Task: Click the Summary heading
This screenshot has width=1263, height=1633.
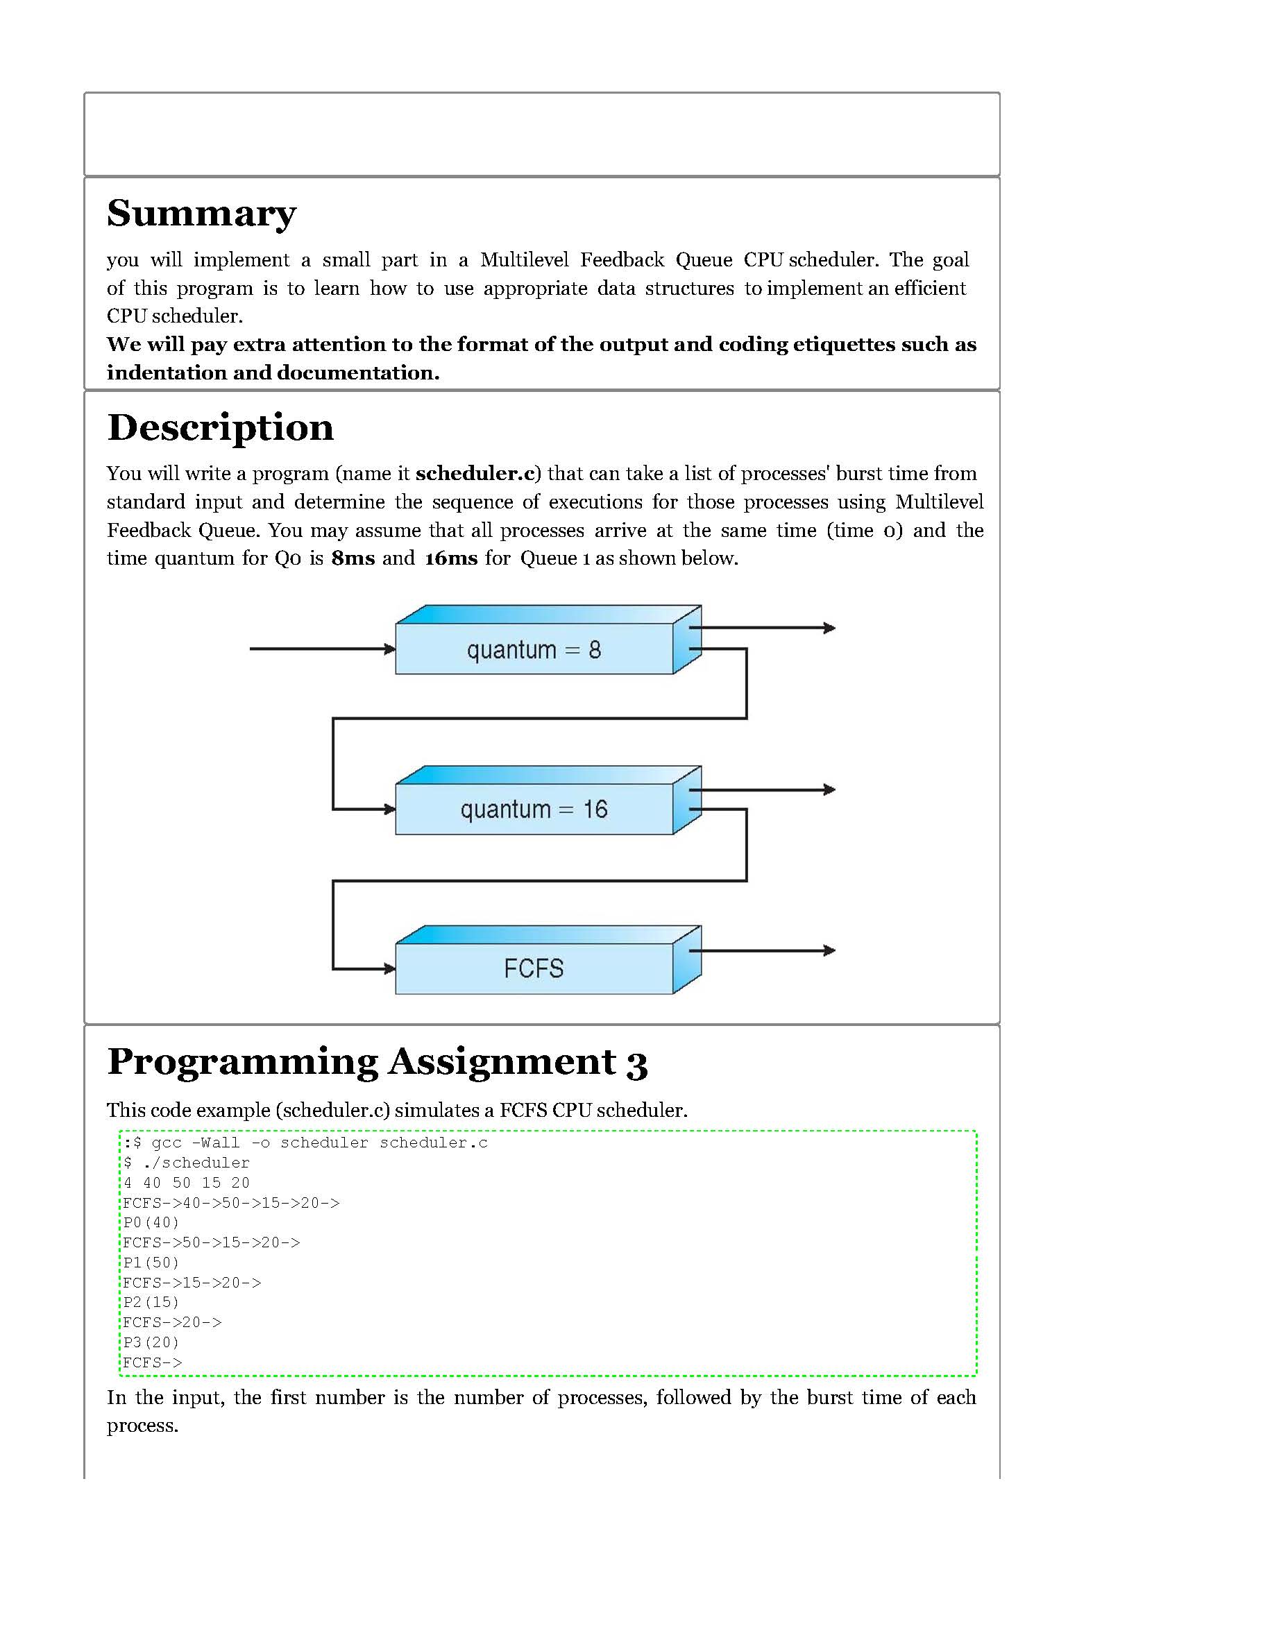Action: pos(201,214)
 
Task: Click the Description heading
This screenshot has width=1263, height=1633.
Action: pos(220,428)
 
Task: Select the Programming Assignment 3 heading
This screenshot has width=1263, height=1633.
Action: pos(377,1062)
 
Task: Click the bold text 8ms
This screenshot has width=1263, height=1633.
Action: pos(353,558)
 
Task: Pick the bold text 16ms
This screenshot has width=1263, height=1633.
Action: pos(451,558)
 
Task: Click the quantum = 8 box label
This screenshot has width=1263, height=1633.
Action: pos(533,650)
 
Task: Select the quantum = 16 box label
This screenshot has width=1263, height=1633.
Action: pos(533,809)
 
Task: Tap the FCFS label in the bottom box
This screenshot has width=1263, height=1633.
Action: pos(533,969)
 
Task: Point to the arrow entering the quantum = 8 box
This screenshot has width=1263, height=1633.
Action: pos(321,649)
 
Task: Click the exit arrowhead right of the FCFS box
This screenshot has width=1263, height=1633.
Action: pos(829,950)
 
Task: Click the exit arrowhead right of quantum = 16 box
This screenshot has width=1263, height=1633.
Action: pos(829,789)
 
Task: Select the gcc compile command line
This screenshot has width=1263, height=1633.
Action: pos(306,1143)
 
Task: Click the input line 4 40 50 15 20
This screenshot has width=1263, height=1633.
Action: pos(186,1183)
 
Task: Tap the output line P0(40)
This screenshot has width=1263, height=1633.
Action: pos(151,1222)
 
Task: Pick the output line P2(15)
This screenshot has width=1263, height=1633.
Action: pos(151,1303)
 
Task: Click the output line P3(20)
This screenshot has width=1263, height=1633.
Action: pos(151,1343)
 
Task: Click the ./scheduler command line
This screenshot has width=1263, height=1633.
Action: pos(186,1163)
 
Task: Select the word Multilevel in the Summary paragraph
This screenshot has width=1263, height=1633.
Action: pos(524,260)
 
